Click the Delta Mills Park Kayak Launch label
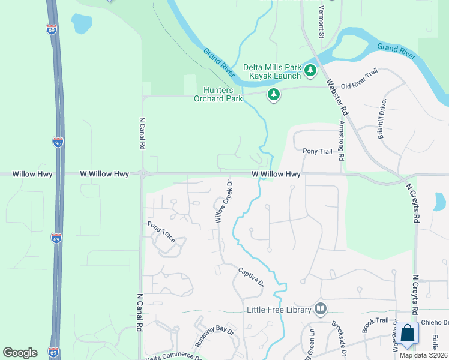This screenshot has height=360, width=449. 271,71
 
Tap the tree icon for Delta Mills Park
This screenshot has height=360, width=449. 310,71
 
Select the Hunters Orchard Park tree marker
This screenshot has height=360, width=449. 274,94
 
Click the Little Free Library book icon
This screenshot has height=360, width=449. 321,310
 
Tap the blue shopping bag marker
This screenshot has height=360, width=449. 407,334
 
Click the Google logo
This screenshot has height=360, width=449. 20,353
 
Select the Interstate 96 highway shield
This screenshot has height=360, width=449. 58,143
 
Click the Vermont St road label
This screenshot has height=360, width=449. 322,19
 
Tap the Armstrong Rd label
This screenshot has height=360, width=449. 341,140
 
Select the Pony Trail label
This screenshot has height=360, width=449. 317,151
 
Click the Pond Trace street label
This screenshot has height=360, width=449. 161,231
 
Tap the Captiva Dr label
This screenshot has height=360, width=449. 251,277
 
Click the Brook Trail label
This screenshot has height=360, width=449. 375,325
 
